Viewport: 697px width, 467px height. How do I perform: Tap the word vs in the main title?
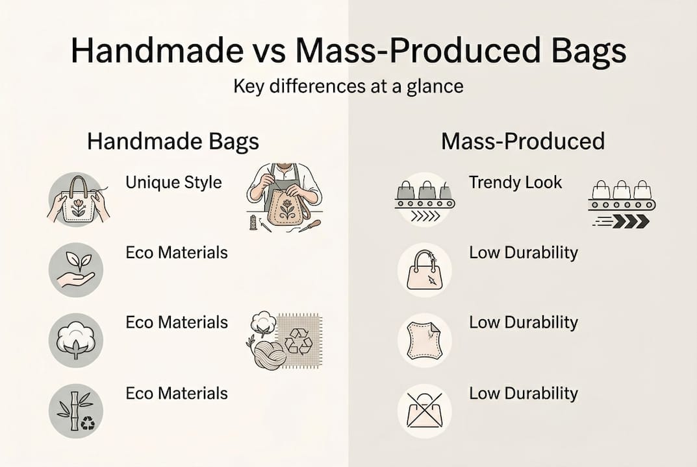(258, 51)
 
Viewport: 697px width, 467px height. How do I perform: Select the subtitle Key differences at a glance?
(348, 86)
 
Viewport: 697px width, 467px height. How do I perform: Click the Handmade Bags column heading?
(173, 141)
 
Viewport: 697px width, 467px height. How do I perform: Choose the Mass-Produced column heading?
(523, 141)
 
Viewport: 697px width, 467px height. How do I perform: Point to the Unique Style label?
(173, 182)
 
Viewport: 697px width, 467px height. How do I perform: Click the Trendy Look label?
(515, 183)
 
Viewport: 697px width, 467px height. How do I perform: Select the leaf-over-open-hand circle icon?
(76, 270)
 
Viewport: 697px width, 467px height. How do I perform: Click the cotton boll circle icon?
(76, 341)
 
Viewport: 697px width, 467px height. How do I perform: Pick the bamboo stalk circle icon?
(76, 411)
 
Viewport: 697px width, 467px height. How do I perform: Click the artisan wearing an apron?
(284, 195)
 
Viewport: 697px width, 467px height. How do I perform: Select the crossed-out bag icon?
(424, 411)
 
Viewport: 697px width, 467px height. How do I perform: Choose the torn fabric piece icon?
(424, 341)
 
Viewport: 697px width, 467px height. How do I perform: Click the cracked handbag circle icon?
(424, 270)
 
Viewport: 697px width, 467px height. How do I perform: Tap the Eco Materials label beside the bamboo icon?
(176, 393)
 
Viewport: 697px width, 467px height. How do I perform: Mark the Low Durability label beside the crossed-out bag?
(523, 393)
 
